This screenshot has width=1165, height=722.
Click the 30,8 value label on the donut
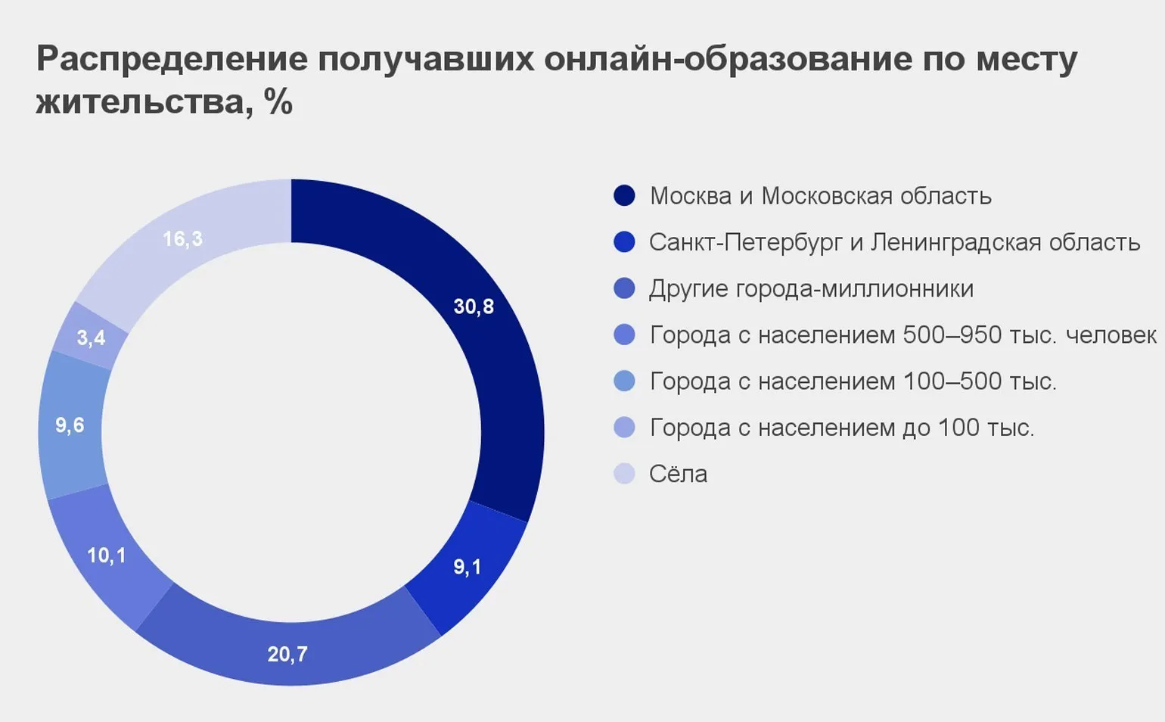pyautogui.click(x=474, y=307)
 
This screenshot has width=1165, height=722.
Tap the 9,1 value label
pyautogui.click(x=467, y=567)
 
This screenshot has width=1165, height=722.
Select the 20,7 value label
pyautogui.click(x=287, y=654)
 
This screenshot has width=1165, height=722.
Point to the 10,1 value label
pyautogui.click(x=106, y=556)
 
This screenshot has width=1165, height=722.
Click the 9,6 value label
pyautogui.click(x=70, y=425)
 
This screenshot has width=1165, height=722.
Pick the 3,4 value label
pyautogui.click(x=91, y=338)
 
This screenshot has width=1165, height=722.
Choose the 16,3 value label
pyautogui.click(x=182, y=239)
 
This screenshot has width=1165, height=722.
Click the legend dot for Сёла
pyautogui.click(x=624, y=474)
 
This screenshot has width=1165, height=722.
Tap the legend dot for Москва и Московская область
pyautogui.click(x=624, y=196)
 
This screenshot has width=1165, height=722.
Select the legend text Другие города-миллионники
pyautogui.click(x=811, y=289)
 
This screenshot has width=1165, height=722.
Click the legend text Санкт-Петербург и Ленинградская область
pyautogui.click(x=894, y=242)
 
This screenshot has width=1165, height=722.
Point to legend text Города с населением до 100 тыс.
pyautogui.click(x=841, y=428)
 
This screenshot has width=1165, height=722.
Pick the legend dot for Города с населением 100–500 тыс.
pyautogui.click(x=624, y=381)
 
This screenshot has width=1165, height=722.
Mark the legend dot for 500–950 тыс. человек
pyautogui.click(x=624, y=335)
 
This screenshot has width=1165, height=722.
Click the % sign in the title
pyautogui.click(x=278, y=101)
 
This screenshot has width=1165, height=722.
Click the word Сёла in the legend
pyautogui.click(x=678, y=474)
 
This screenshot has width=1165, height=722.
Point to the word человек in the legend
pyautogui.click(x=1111, y=335)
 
